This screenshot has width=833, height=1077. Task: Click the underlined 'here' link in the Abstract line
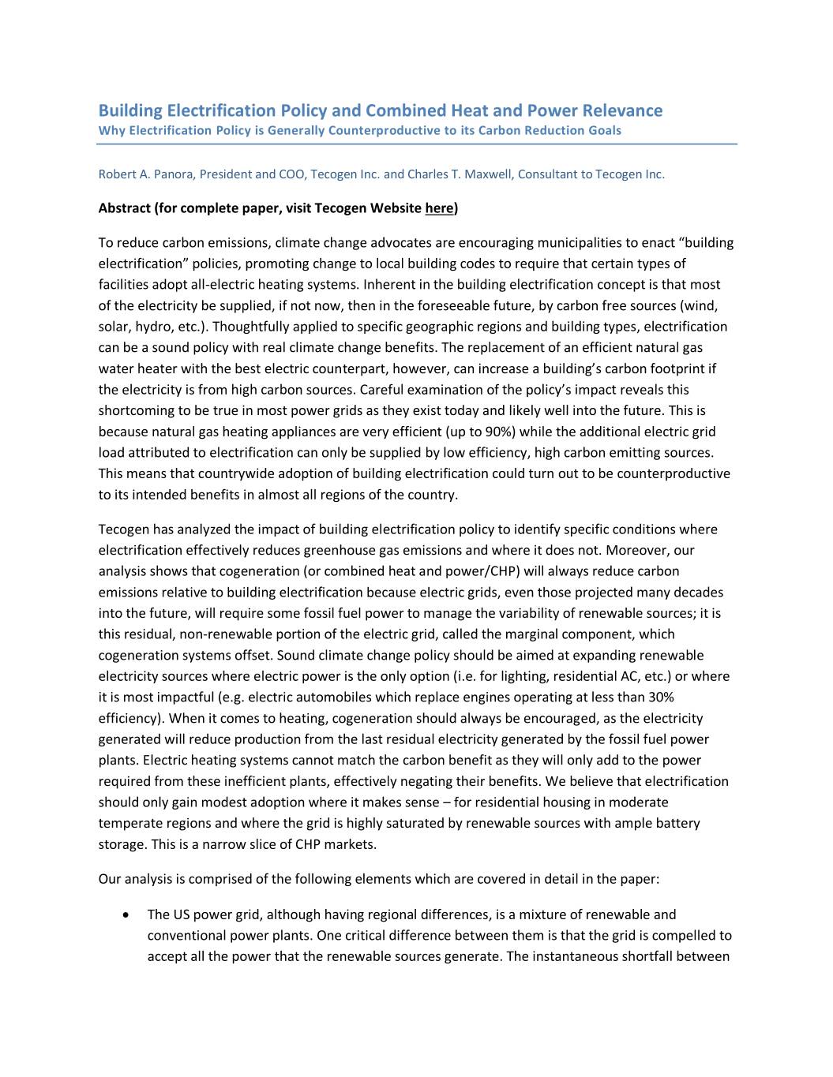click(439, 208)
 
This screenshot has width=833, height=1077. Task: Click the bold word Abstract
click(124, 208)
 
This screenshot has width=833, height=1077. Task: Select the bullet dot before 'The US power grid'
click(126, 915)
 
